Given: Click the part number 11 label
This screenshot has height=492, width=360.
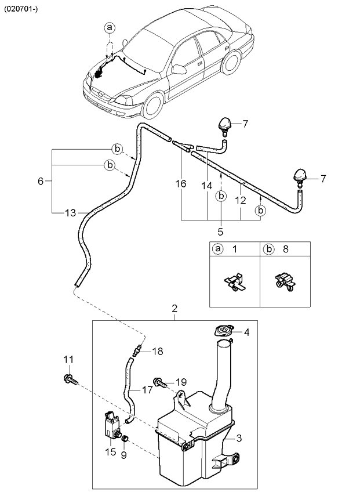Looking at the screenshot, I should pyautogui.click(x=68, y=360).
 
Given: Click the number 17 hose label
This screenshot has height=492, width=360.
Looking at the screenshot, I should pyautogui.click(x=147, y=390).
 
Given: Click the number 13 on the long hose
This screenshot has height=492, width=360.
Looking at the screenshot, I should pyautogui.click(x=70, y=213).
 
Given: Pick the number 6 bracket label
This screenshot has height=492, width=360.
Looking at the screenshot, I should pyautogui.click(x=41, y=181).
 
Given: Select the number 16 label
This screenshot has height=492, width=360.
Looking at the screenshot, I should pyautogui.click(x=181, y=184).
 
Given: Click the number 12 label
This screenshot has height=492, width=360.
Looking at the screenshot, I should pyautogui.click(x=241, y=200).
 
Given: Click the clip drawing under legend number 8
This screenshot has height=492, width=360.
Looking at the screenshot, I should pyautogui.click(x=285, y=283).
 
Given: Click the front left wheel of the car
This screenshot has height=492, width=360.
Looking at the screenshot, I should pyautogui.click(x=137, y=107).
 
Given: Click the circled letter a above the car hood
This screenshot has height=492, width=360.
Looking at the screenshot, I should pyautogui.click(x=110, y=27).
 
